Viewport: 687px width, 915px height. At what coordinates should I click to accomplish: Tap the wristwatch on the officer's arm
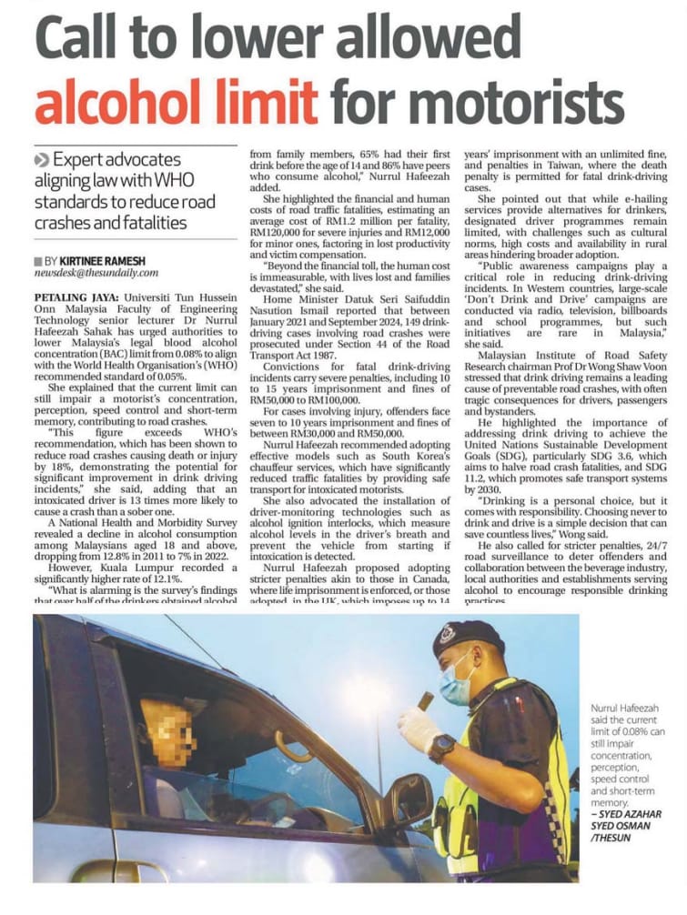[442, 745]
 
